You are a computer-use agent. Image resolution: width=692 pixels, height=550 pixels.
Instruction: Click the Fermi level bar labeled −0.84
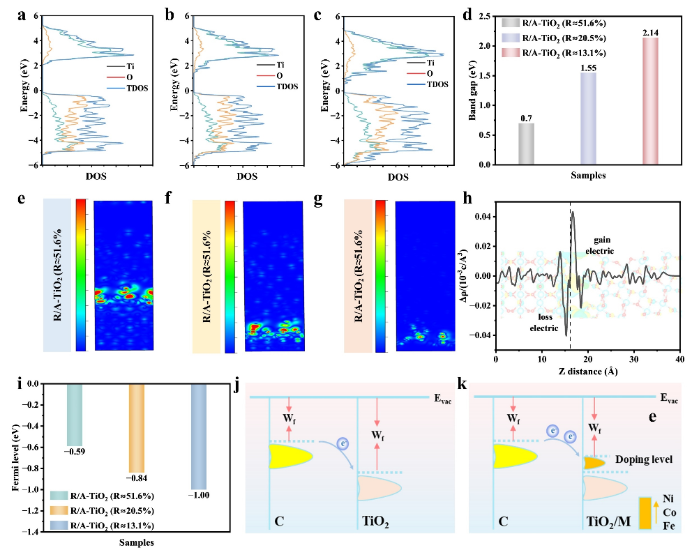coord(135,427)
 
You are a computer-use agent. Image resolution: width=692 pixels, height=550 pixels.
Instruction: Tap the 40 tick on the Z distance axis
coord(679,360)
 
